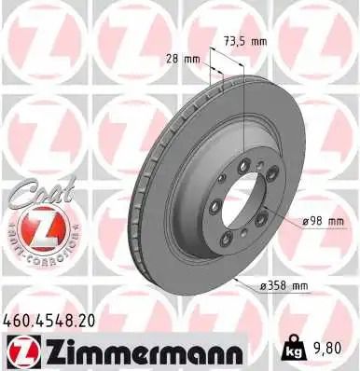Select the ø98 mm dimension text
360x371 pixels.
point(323,222)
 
